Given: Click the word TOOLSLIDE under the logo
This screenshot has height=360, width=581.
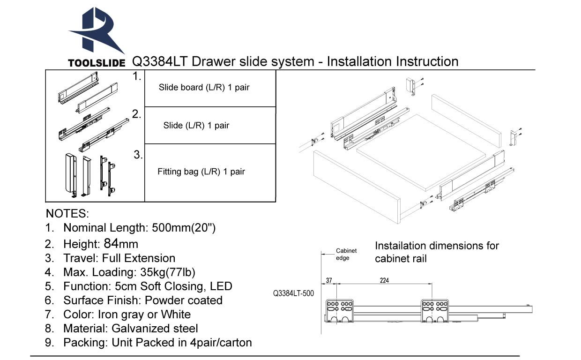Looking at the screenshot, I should (97, 63).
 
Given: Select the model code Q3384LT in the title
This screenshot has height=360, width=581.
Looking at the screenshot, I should (160, 61).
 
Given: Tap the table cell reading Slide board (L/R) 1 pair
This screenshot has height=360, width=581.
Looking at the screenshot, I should (204, 88).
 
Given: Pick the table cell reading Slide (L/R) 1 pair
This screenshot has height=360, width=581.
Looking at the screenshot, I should (196, 126).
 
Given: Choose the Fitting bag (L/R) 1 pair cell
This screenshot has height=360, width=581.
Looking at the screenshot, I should (201, 172).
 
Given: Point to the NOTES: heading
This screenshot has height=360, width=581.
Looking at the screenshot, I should (67, 214).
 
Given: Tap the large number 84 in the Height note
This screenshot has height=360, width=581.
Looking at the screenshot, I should (111, 243).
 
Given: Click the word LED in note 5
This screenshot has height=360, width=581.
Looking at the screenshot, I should (222, 286).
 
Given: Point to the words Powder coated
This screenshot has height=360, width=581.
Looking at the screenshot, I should (184, 300).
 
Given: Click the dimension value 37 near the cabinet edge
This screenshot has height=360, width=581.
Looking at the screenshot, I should (329, 280).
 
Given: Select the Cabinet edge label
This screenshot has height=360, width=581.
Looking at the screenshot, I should (346, 255).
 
